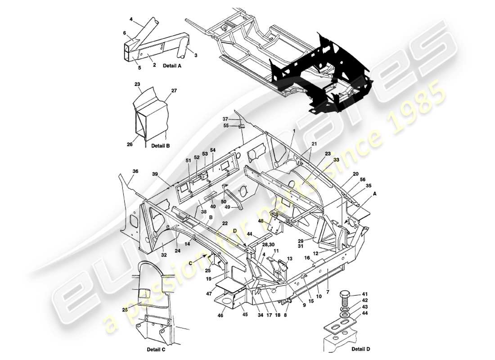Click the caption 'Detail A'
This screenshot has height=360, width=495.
pyautogui.click(x=172, y=66)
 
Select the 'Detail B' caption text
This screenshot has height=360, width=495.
pyautogui.click(x=160, y=146)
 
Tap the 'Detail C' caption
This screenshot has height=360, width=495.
pyautogui.click(x=156, y=349)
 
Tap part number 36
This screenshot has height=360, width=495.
pyautogui.click(x=135, y=171)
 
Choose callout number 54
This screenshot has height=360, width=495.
pyautogui.click(x=213, y=150)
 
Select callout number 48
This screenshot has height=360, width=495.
pyautogui.click(x=261, y=221)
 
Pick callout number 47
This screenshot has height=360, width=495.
pyautogui.click(x=209, y=293)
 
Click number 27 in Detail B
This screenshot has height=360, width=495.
pyautogui.click(x=174, y=90)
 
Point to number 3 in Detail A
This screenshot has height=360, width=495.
pyautogui.click(x=196, y=55)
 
